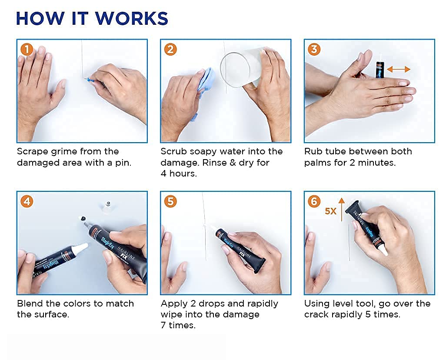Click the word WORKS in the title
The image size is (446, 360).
[131, 19]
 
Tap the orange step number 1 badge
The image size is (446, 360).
[27, 50]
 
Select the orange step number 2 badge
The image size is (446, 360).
[170, 50]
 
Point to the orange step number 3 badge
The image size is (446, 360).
[314, 50]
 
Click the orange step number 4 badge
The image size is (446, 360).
[27, 201]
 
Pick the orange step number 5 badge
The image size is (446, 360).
[170, 201]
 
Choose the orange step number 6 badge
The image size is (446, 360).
[314, 201]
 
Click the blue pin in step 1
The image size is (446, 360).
[91, 80]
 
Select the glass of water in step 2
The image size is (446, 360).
[242, 68]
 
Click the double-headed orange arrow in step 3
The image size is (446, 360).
[399, 69]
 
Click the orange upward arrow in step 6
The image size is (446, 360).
[342, 210]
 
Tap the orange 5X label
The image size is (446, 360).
[330, 211]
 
